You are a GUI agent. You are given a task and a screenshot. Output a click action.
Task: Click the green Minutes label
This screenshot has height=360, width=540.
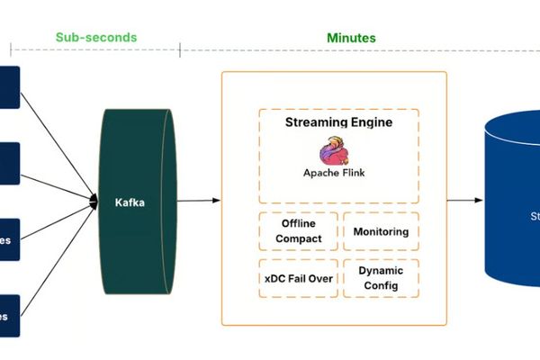[x=351, y=38]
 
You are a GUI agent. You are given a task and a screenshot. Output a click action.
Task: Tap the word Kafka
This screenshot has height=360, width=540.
[x=130, y=202]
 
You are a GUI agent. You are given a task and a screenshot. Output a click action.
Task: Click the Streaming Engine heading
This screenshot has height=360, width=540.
[x=338, y=122]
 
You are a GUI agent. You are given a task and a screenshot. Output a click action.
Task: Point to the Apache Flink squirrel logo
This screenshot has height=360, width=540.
[x=334, y=149]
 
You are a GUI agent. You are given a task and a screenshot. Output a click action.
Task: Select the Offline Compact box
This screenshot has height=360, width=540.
[x=298, y=231]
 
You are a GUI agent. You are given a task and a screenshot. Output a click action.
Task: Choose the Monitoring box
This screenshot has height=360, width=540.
[x=381, y=231]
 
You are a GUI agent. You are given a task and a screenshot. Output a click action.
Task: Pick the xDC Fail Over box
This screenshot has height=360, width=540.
[x=298, y=278]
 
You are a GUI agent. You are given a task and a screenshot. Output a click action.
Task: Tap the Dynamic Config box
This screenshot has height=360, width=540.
[x=381, y=278]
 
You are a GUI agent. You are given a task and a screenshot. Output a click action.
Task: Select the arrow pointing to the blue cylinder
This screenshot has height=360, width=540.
[x=464, y=200]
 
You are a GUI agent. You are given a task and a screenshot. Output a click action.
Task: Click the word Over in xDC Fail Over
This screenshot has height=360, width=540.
[x=320, y=278]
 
